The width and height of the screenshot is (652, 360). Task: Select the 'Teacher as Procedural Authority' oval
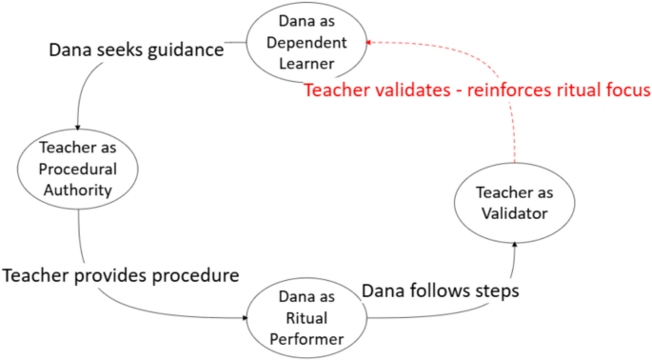tap(78, 170)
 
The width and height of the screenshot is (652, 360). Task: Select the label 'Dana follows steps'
tap(441, 290)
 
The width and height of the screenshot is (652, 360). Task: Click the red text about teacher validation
tap(476, 91)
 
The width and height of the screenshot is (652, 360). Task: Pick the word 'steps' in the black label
tap(495, 290)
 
